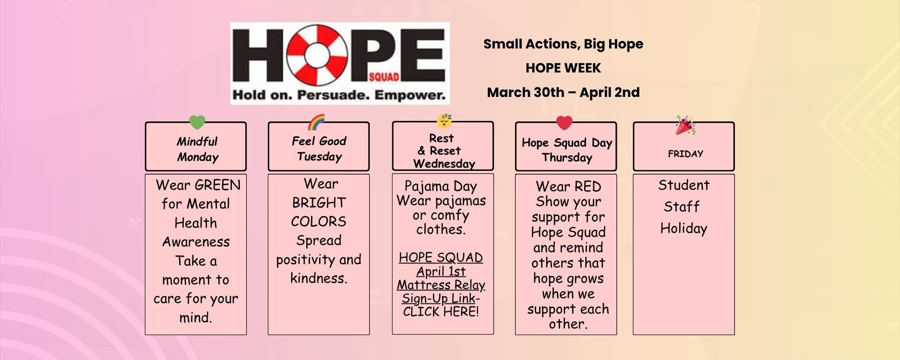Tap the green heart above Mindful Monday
click(197, 122)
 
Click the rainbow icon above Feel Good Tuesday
click(317, 122)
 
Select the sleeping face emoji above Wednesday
click(445, 121)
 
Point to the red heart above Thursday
click(564, 123)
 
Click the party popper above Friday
click(685, 125)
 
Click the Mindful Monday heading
click(197, 149)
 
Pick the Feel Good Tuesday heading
click(319, 148)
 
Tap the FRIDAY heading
click(685, 154)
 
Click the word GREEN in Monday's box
click(217, 185)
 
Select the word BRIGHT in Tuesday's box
click(319, 203)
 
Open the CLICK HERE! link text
click(441, 312)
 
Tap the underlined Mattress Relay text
click(441, 285)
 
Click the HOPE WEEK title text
click(563, 68)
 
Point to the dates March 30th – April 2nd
click(563, 92)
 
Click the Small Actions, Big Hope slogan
click(563, 44)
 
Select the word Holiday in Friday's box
click(684, 228)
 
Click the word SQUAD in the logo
click(384, 77)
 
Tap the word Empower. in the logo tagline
click(410, 95)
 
